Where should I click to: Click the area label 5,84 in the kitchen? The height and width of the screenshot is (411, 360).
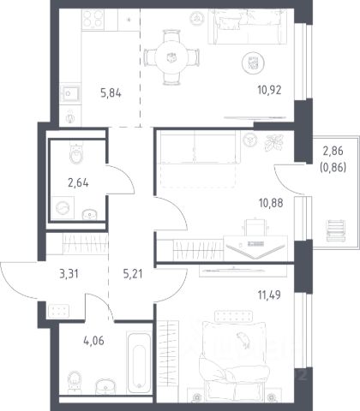[111, 93]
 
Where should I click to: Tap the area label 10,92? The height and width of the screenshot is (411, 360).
[269, 90]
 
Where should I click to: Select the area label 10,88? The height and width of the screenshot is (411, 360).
[271, 203]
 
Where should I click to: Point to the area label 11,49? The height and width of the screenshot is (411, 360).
[269, 295]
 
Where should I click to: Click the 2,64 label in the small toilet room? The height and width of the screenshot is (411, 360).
[78, 182]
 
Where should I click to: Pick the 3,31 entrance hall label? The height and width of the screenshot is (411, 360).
[69, 274]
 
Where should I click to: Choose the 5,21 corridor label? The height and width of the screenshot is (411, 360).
[133, 274]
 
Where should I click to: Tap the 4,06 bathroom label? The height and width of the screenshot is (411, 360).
[93, 341]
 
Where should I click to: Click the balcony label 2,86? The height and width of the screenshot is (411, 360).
[333, 151]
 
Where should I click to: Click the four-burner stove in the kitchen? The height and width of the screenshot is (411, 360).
[93, 19]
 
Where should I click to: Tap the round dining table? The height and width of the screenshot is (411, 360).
[171, 57]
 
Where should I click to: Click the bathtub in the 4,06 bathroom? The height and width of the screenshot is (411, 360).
[139, 363]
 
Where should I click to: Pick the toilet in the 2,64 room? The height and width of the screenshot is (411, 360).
[76, 154]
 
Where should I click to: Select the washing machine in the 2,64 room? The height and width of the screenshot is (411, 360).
[63, 208]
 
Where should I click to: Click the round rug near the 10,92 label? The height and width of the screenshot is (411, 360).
[253, 63]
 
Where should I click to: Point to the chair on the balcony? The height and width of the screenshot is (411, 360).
[336, 230]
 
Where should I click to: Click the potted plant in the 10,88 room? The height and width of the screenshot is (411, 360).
[274, 142]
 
